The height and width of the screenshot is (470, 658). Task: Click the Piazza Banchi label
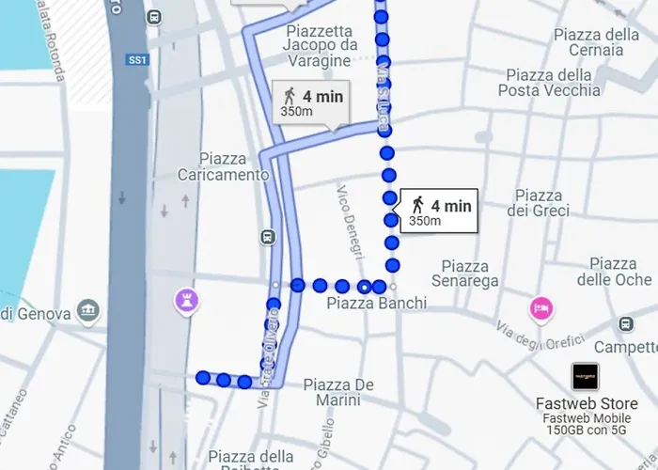coord(376,304)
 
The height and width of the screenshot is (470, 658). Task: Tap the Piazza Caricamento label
coord(223,166)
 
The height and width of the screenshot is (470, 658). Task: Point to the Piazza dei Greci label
coord(539,203)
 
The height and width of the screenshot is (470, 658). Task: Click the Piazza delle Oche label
coord(614,272)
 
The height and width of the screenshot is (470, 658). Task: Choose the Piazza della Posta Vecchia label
coord(553,83)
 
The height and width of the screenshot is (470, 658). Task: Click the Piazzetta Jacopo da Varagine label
coord(321,45)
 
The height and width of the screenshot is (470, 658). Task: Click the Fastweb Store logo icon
coord(586,376)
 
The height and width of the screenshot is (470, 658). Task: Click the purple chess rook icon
coord(185,301)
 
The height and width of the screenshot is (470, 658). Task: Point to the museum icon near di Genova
coord(89,310)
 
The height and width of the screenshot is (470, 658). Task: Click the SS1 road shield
coord(138,60)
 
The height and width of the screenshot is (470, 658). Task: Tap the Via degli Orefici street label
coord(527,337)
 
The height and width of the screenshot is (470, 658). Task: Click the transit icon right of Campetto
coord(626,324)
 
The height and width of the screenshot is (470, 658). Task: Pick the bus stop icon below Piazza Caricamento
coord(270,237)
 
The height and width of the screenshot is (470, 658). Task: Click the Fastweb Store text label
coord(586,404)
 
